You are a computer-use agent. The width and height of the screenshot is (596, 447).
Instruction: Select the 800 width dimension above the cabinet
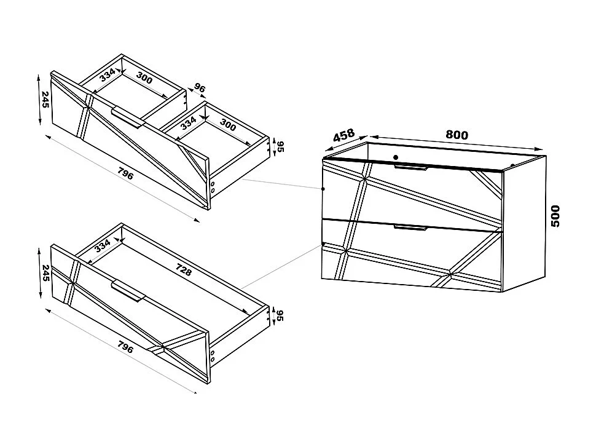(x=457, y=135)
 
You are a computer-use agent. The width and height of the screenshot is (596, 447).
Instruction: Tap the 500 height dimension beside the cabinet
(x=555, y=216)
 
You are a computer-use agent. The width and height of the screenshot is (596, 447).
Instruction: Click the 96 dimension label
(x=199, y=89)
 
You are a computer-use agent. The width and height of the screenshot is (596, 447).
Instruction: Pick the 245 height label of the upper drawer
(x=45, y=99)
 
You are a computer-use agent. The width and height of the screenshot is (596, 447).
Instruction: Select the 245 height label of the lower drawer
(x=45, y=272)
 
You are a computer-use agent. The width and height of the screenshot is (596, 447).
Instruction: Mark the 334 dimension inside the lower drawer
(x=103, y=247)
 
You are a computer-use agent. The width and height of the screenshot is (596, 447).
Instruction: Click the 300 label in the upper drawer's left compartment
(x=145, y=79)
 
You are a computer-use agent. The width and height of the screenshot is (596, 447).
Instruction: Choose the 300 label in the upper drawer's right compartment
(x=227, y=126)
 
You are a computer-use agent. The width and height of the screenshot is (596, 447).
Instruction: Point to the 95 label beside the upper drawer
(x=280, y=146)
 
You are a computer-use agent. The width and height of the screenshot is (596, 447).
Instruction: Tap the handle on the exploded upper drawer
(x=128, y=117)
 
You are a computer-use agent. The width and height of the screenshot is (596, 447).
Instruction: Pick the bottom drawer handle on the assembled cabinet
(x=410, y=227)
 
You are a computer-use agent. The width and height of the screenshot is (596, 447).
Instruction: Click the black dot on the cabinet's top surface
(x=396, y=157)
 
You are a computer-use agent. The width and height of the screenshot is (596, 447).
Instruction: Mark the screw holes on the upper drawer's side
(x=213, y=187)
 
